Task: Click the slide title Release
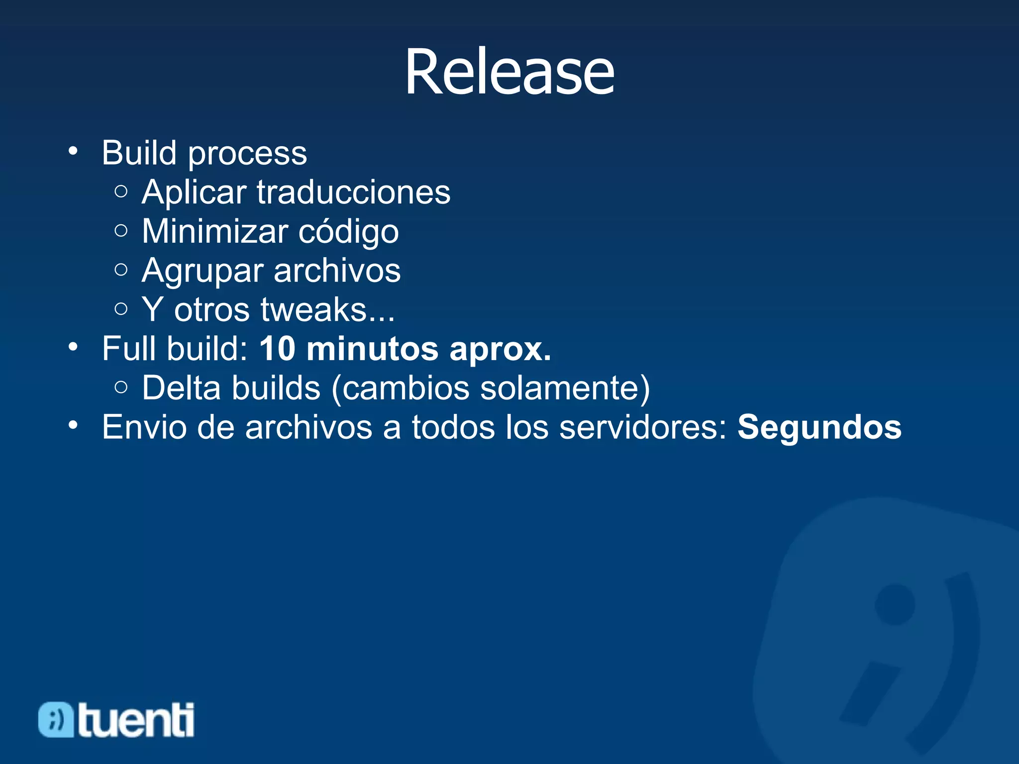point(509,73)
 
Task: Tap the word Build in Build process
point(139,153)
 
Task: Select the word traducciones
point(353,192)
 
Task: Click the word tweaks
point(313,310)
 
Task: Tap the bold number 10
point(277,349)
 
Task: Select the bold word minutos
point(372,349)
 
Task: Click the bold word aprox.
point(500,350)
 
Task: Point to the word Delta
point(181,388)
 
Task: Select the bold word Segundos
point(819,428)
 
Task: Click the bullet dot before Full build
point(73,347)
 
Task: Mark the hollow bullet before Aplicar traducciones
point(121,191)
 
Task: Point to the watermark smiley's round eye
point(895,604)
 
